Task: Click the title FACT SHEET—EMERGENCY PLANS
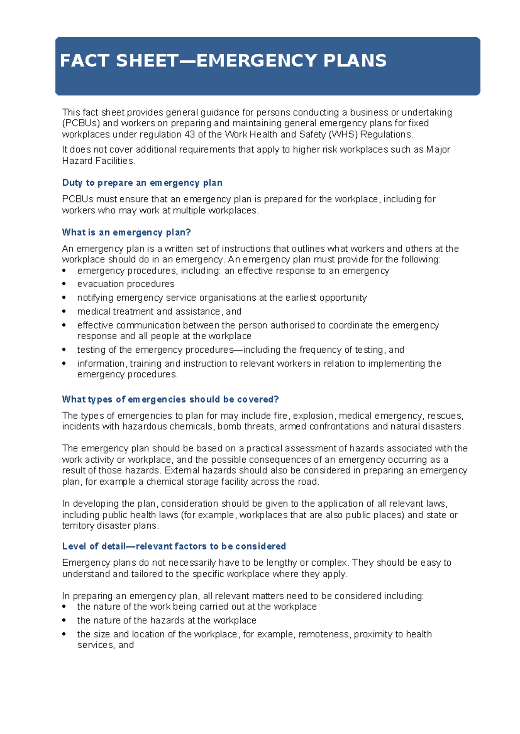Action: coord(223,61)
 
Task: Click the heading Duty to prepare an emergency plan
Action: coord(142,183)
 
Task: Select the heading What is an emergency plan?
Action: coord(126,232)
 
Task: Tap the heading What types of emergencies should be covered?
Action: coord(170,399)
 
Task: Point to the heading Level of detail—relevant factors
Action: coord(174,546)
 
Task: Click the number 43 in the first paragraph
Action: coord(189,135)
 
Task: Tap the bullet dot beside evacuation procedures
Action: coord(64,284)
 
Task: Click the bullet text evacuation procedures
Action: coord(126,284)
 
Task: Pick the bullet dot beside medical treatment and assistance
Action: coord(64,312)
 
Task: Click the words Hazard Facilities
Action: coord(98,161)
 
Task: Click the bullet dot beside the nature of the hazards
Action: coord(64,621)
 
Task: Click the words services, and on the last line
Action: coord(105,645)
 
